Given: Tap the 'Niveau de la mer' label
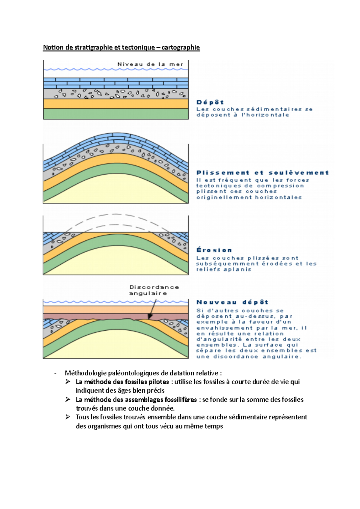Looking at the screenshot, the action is click(x=150, y=64).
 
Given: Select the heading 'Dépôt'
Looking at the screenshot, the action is click(x=210, y=103).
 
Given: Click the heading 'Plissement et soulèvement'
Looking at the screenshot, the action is click(x=262, y=173).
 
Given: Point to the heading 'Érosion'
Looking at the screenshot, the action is click(x=214, y=250).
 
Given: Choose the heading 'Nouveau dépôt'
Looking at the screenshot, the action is click(x=232, y=302).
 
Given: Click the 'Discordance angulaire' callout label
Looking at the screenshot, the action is click(x=154, y=290).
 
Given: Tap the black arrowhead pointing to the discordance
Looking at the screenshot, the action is click(x=150, y=317).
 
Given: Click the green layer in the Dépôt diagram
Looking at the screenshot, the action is click(x=116, y=114).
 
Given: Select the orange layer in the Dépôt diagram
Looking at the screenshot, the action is click(x=116, y=104).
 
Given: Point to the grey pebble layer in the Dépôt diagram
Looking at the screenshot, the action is click(x=116, y=94).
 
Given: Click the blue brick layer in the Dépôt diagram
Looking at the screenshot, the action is click(x=116, y=83).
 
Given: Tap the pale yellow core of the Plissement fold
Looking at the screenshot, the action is click(x=116, y=189).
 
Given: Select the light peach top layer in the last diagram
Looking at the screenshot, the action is click(x=116, y=310).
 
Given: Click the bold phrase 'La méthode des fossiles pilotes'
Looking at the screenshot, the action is click(x=122, y=382).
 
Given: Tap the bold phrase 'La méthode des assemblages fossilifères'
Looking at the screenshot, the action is click(x=136, y=400).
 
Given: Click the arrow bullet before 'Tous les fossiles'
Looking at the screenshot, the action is click(x=68, y=417).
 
